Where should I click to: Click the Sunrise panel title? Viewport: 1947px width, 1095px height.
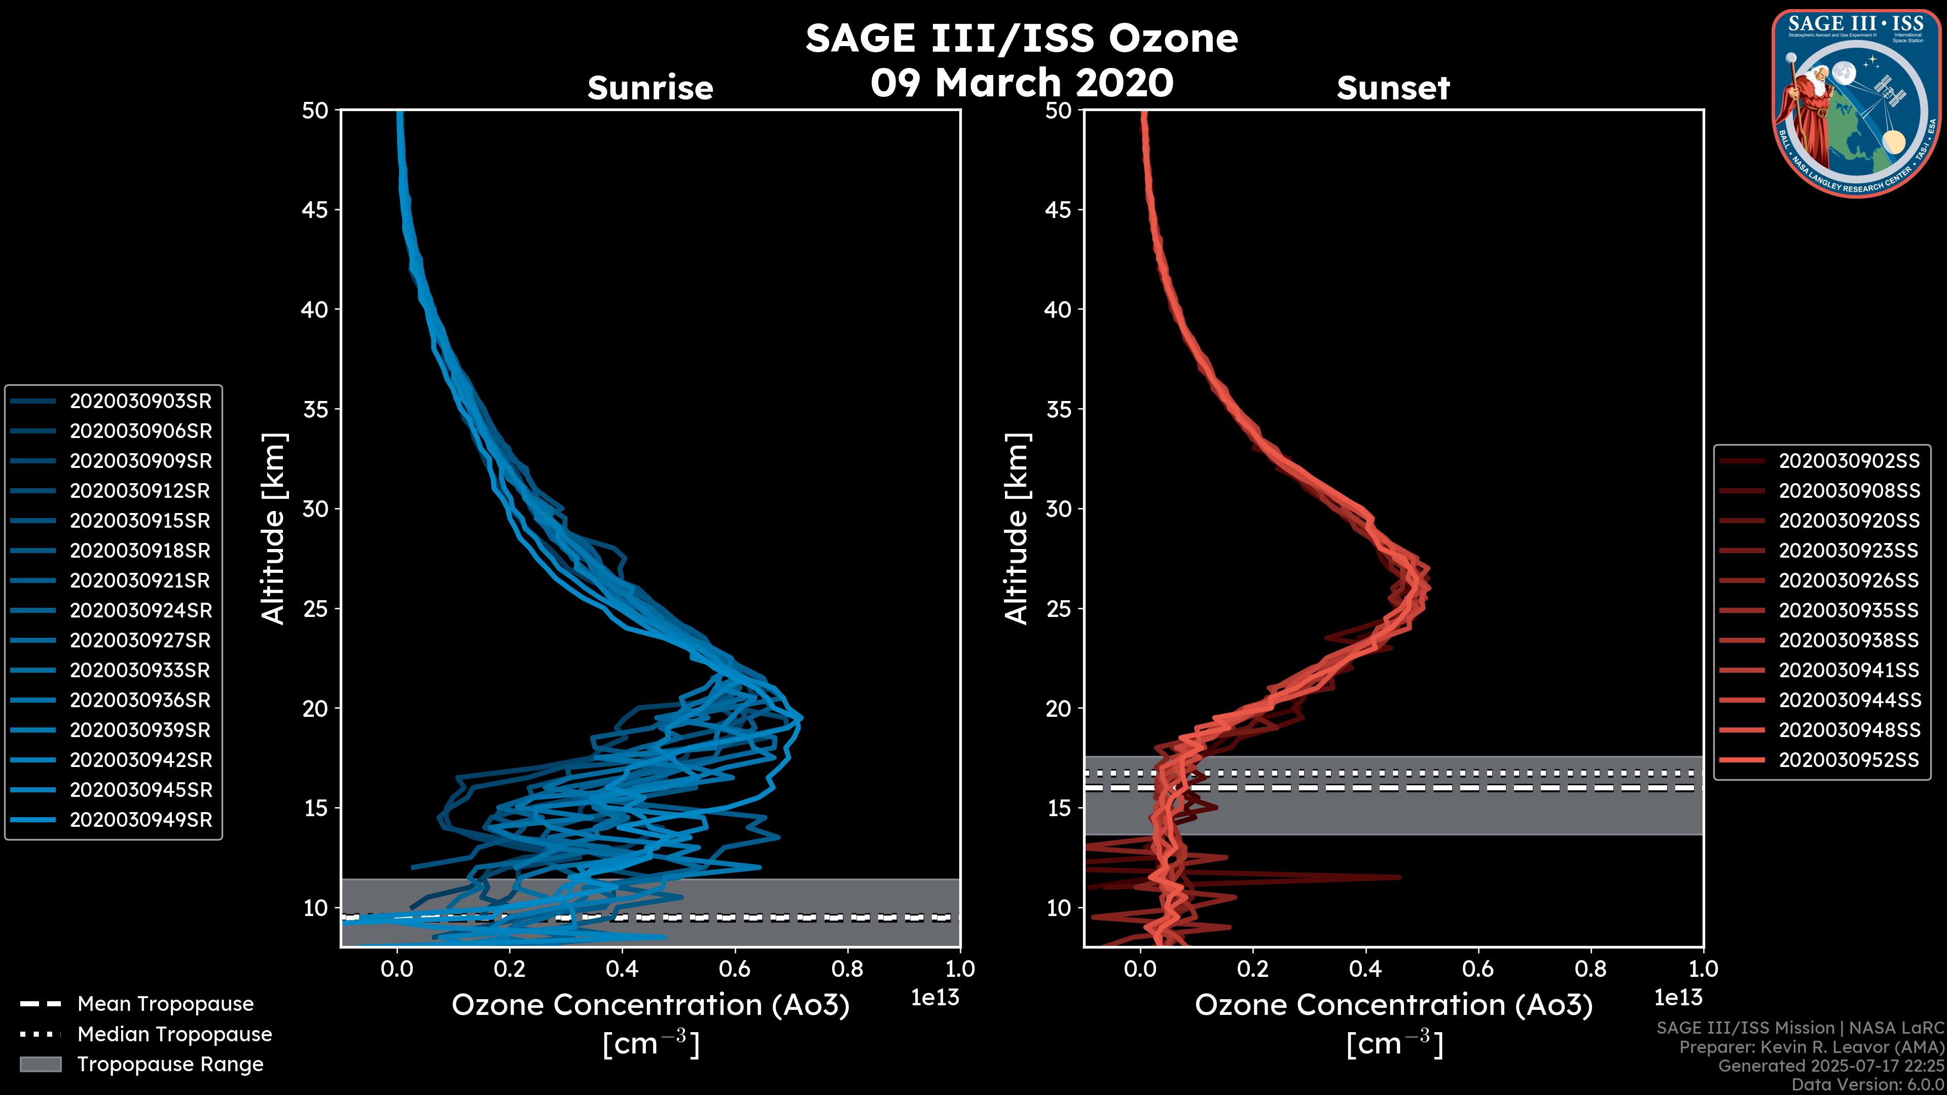point(650,88)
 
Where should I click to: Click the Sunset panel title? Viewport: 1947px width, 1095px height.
point(1393,88)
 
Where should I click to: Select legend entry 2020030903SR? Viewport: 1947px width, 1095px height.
point(140,401)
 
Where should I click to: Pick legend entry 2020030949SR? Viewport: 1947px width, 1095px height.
point(140,820)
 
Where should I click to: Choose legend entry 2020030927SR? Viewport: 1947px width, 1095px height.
point(140,641)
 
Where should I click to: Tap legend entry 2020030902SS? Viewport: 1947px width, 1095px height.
point(1849,461)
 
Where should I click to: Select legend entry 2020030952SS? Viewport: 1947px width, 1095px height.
point(1849,760)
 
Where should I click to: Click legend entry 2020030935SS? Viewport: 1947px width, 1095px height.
point(1849,610)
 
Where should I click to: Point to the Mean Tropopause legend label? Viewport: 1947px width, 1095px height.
point(165,1004)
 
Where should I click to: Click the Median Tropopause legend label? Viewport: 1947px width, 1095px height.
point(174,1035)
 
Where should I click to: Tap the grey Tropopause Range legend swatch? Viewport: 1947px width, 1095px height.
point(40,1064)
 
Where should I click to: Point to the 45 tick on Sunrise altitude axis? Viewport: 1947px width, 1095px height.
point(315,210)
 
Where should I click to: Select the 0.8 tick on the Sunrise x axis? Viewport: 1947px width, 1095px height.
point(847,969)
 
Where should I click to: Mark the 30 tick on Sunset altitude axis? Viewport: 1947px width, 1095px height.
point(1059,509)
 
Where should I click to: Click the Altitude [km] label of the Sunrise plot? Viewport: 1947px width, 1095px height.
point(273,529)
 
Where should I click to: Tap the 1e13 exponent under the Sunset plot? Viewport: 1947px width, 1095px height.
point(1678,998)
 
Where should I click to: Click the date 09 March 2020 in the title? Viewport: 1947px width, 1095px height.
point(1022,82)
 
